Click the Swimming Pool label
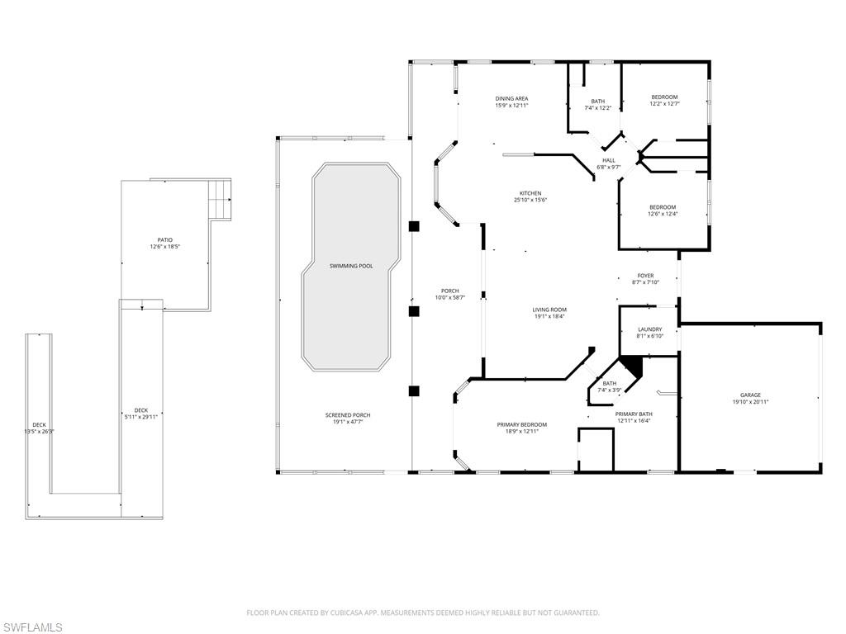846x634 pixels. click(x=351, y=266)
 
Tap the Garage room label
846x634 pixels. click(x=750, y=395)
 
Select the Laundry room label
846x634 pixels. click(x=649, y=329)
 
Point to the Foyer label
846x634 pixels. click(x=645, y=276)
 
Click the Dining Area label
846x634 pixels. click(x=511, y=98)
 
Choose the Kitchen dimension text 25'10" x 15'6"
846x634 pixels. click(x=530, y=200)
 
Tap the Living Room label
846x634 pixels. click(x=549, y=310)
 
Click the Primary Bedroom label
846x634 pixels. click(x=521, y=424)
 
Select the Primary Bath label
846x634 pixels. click(x=634, y=414)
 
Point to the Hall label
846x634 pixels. click(x=609, y=160)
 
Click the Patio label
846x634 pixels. click(x=165, y=240)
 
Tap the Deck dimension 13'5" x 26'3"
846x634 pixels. click(x=39, y=431)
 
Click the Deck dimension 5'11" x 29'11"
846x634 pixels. click(x=141, y=417)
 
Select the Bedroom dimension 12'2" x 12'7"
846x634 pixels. click(x=664, y=104)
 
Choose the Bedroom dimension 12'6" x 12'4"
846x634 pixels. click(x=662, y=214)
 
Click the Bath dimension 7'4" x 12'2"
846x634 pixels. click(x=597, y=108)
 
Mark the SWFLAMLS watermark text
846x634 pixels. click(x=32, y=628)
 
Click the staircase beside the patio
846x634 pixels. click(x=220, y=199)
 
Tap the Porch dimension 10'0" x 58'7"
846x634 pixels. click(x=450, y=297)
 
